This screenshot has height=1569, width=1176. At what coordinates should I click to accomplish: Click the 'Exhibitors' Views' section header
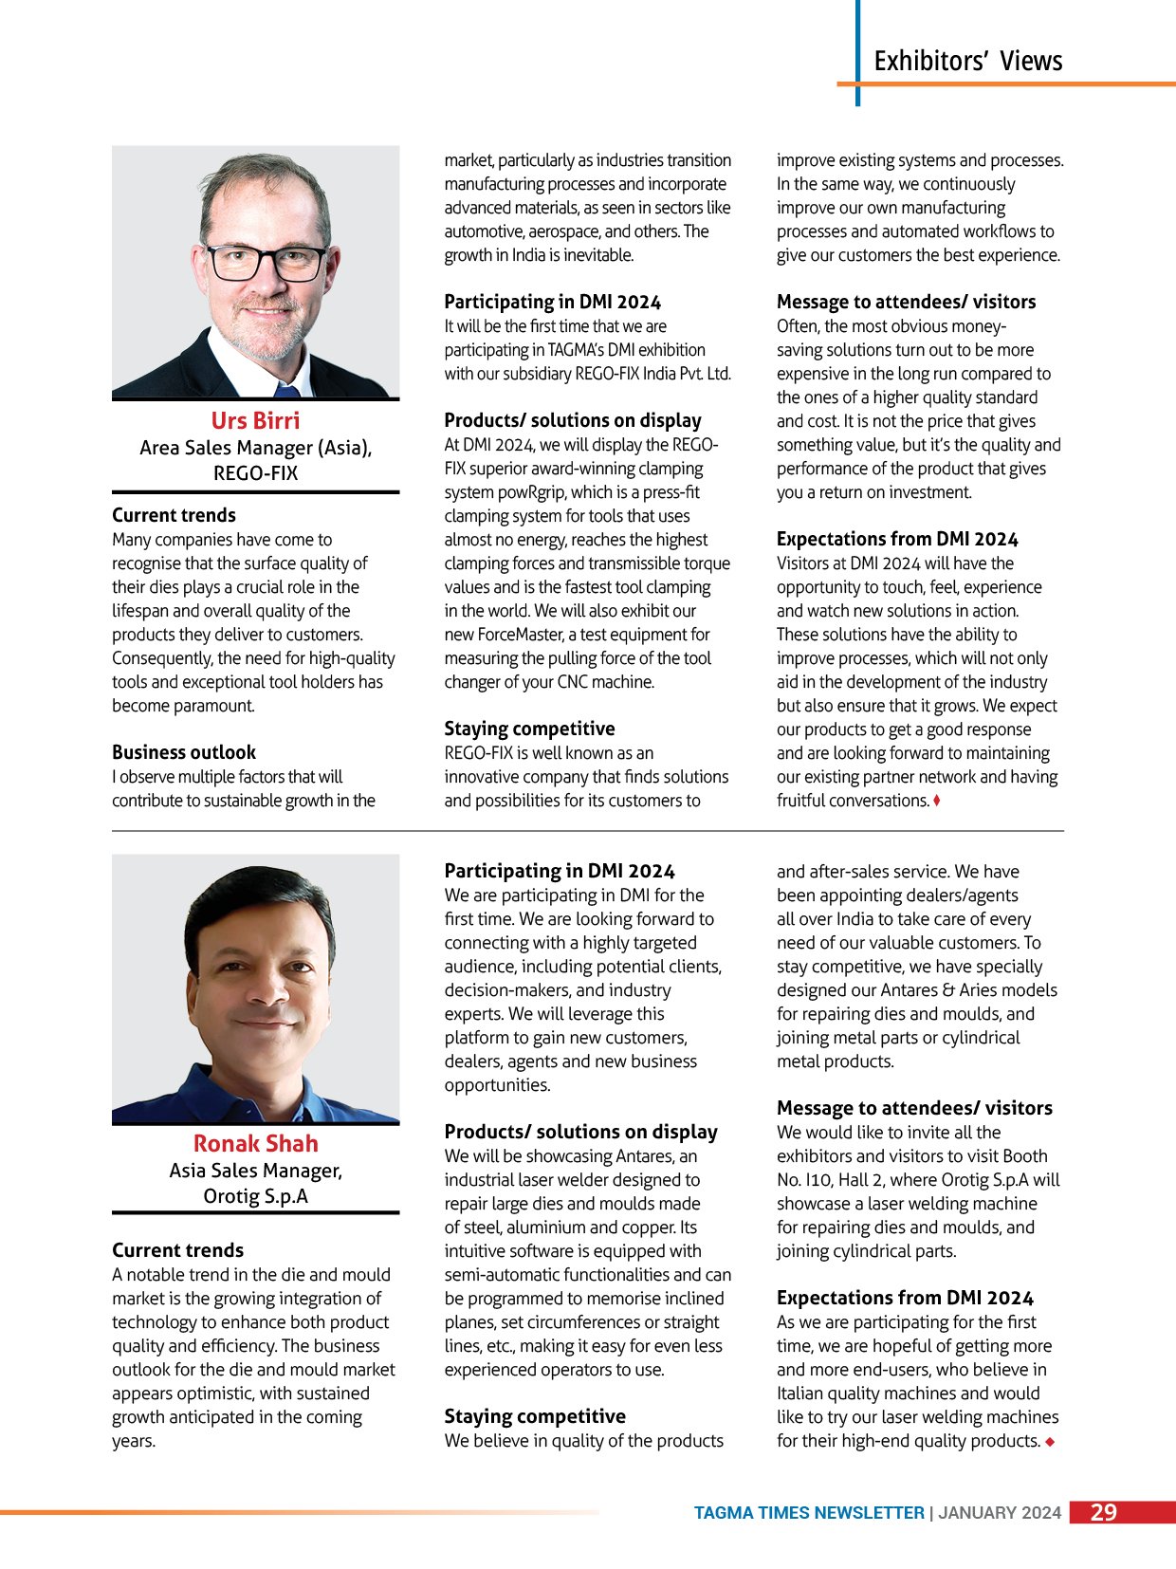[x=967, y=61]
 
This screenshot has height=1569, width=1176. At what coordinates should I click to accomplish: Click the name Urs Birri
[x=255, y=420]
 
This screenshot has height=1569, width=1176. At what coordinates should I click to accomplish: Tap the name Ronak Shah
[x=255, y=1143]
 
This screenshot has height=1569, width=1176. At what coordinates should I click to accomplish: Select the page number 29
[x=1103, y=1512]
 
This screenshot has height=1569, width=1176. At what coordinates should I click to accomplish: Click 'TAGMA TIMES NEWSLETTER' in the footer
[x=808, y=1513]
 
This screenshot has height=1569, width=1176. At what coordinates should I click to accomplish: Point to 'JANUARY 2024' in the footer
[x=1000, y=1513]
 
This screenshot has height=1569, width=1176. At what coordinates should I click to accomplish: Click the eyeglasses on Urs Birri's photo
[x=266, y=261]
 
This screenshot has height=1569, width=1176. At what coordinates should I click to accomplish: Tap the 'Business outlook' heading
[x=184, y=752]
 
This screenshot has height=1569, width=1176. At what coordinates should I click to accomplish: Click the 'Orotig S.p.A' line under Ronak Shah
[x=255, y=1196]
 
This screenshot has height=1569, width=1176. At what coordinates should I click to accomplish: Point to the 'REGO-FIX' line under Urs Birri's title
[x=255, y=472]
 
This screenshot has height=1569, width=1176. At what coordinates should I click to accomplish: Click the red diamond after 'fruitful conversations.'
[x=937, y=801]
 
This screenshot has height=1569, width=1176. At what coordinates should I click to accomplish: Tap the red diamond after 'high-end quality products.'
[x=1050, y=1442]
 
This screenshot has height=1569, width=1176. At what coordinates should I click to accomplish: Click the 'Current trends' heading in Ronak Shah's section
[x=177, y=1250]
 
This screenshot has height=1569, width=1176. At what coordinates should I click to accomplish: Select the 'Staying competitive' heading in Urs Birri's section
[x=529, y=729]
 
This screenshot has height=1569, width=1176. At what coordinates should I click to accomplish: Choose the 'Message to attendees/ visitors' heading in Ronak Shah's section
[x=914, y=1108]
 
